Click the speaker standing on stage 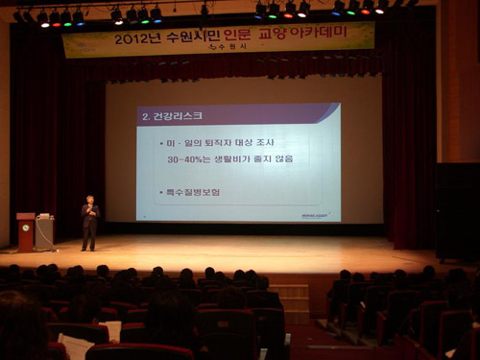click(x=89, y=223)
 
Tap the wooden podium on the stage click(x=25, y=231)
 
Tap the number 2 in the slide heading click(x=145, y=115)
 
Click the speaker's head click(x=90, y=201)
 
